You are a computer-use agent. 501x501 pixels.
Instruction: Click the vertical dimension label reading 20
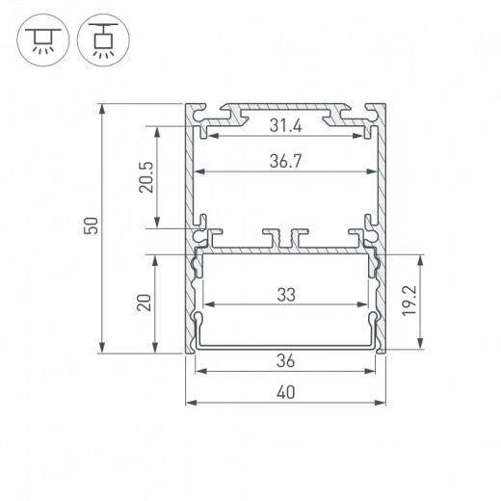[x=144, y=303]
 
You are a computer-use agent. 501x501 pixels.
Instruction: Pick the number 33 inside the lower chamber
[x=286, y=297]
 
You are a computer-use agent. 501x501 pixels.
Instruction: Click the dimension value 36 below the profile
[x=286, y=361]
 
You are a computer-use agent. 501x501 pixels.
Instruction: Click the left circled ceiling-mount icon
[x=39, y=40]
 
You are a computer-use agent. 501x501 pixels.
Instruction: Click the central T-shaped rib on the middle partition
[x=286, y=236]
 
